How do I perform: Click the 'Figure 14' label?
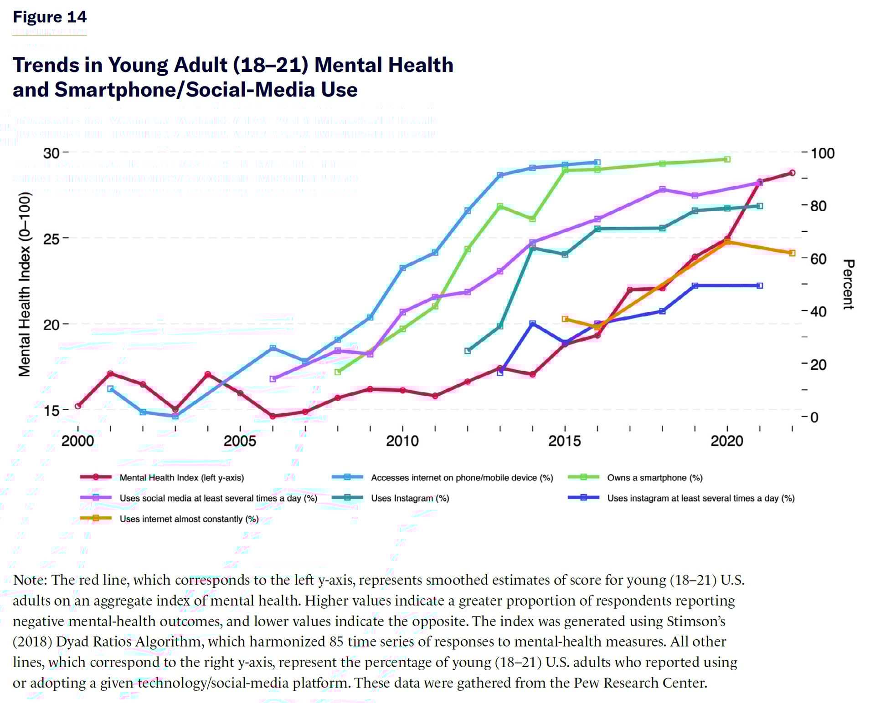pos(49,17)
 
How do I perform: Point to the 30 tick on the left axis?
pos(51,153)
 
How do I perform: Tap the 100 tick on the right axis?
pos(823,153)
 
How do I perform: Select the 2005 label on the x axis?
pos(240,441)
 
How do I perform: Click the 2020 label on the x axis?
pos(727,441)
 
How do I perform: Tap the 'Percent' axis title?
pos(848,285)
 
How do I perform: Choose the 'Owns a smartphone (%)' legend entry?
pos(654,478)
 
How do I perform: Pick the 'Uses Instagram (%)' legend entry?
pos(410,498)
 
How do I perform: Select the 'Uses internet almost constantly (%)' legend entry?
pos(189,519)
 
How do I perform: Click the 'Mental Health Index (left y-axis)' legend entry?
pos(181,478)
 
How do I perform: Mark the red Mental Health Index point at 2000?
pos(78,406)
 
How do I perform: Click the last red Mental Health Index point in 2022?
pos(792,173)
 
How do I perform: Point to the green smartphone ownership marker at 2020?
pos(727,159)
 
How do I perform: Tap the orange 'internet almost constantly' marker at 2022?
pos(792,253)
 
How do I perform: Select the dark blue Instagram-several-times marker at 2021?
pos(760,286)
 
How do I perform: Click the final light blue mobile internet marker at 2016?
pos(597,162)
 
